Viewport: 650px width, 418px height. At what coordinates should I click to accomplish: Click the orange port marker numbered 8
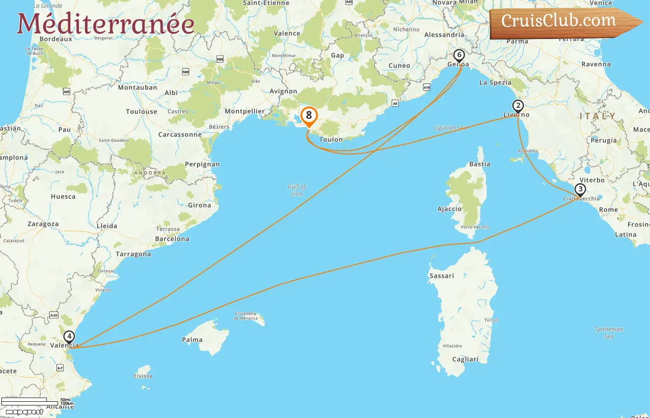coord(309,116)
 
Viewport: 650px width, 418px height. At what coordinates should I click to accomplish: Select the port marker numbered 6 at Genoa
coord(459,56)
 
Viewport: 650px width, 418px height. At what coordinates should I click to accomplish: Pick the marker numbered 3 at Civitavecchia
coord(580,189)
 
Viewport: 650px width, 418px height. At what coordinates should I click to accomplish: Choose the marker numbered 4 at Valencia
coord(69,337)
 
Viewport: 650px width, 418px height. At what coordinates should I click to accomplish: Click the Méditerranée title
coord(105,24)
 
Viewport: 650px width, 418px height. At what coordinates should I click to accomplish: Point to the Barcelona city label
coord(172,239)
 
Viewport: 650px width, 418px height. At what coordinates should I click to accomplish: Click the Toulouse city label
coord(142,111)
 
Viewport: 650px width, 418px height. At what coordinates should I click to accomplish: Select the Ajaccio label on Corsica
coord(449,209)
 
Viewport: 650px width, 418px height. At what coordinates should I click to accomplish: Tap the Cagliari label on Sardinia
coord(465,359)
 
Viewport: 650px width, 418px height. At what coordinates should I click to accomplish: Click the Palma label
coord(192,340)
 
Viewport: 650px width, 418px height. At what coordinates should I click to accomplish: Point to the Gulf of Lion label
coord(297,190)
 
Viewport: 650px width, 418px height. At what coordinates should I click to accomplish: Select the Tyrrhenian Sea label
coord(609,333)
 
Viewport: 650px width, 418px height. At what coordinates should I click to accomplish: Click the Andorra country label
coord(149,173)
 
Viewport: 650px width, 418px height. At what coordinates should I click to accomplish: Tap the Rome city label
coord(608,209)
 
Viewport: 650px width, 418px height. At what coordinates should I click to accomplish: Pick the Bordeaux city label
coord(56,39)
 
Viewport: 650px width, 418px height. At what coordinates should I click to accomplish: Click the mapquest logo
coord(24,411)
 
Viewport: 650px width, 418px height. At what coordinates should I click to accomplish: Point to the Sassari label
coord(442,276)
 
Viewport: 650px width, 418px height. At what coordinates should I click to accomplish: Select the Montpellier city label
coord(245,111)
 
